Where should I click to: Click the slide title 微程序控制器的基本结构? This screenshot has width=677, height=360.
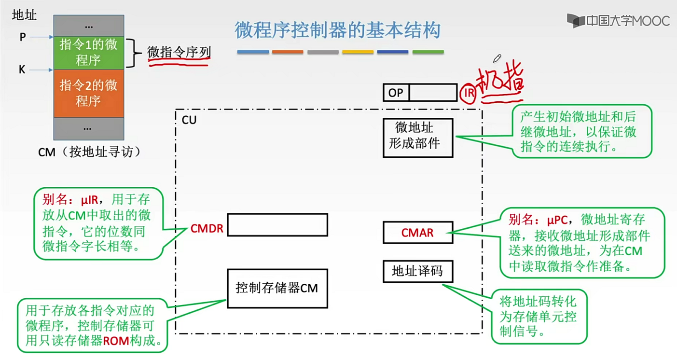click(x=337, y=30)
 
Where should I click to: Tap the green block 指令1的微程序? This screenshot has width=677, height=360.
click(x=88, y=53)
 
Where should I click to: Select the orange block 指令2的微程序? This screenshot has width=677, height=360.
click(x=88, y=93)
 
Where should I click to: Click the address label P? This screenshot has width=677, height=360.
click(x=22, y=37)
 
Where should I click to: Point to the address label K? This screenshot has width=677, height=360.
click(x=22, y=70)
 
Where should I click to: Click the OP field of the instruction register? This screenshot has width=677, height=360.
click(x=396, y=93)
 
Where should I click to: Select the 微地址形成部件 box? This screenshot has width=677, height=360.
click(x=418, y=138)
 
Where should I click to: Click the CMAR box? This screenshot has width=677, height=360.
click(x=417, y=233)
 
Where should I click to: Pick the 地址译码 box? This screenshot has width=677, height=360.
click(x=418, y=271)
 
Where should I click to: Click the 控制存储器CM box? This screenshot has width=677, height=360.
click(x=277, y=288)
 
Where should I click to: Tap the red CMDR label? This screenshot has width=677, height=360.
click(x=207, y=228)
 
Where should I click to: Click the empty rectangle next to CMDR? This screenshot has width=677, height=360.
click(x=277, y=225)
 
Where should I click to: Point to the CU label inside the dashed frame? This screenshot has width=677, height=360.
click(x=189, y=120)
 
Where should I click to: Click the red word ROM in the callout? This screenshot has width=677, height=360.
click(x=116, y=341)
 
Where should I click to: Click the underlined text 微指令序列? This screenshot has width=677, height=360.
click(x=179, y=53)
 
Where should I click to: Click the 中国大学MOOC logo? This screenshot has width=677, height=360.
click(x=618, y=21)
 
